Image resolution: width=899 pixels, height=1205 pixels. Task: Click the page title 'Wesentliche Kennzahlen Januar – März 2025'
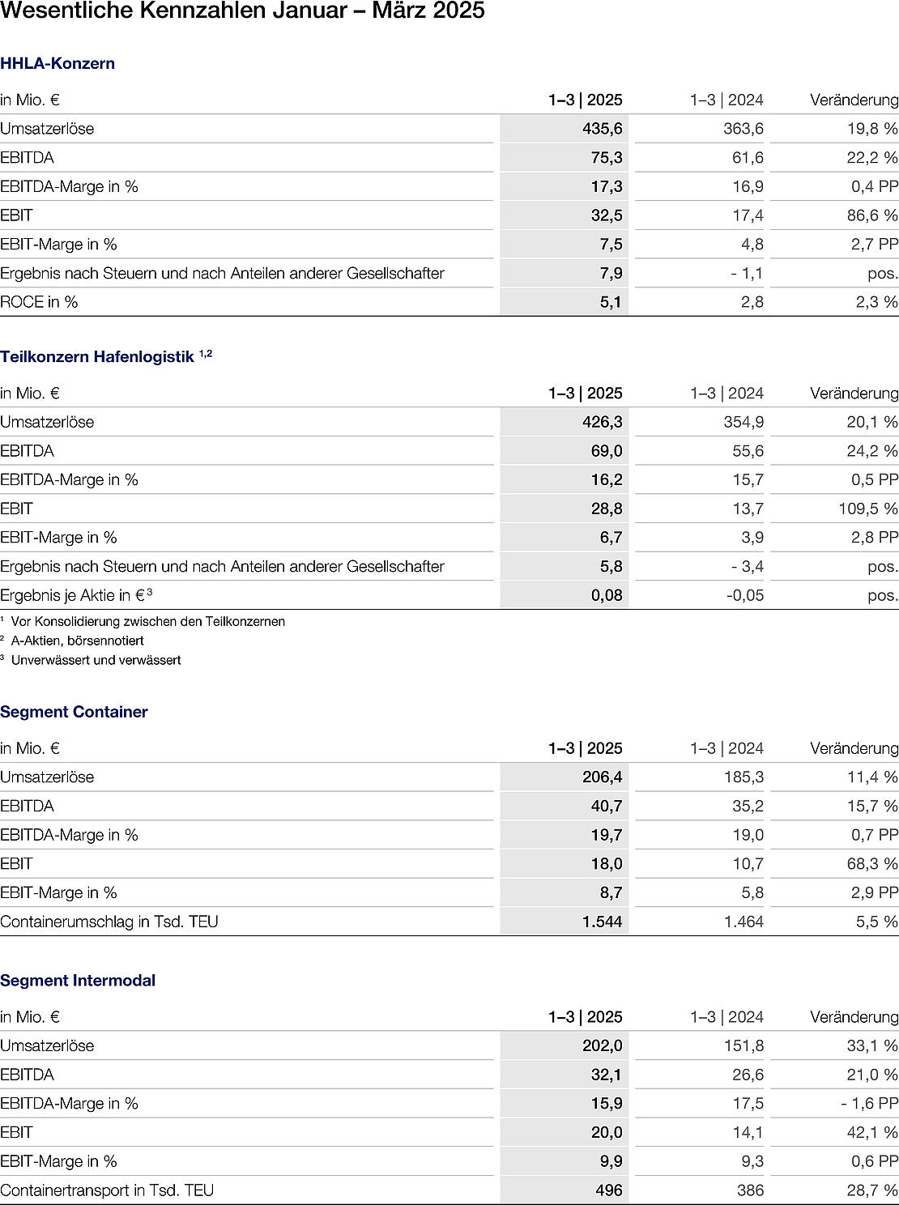pyautogui.click(x=242, y=11)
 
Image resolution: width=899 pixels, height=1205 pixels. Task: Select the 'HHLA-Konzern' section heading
pyautogui.click(x=58, y=63)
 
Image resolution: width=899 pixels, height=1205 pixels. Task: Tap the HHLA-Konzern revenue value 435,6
pyautogui.click(x=602, y=129)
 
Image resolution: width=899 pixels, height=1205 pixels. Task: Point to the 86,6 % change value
pyautogui.click(x=872, y=215)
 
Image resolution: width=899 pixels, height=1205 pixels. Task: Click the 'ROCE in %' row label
pyautogui.click(x=39, y=302)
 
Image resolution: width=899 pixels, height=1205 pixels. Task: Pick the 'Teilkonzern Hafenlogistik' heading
pyautogui.click(x=97, y=357)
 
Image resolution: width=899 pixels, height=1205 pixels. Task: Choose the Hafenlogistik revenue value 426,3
pyautogui.click(x=602, y=422)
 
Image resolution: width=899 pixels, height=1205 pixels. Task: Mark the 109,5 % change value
pyautogui.click(x=868, y=509)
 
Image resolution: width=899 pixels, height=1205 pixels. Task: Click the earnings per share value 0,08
pyautogui.click(x=607, y=595)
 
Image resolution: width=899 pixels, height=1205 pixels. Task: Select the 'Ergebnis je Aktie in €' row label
pyautogui.click(x=73, y=595)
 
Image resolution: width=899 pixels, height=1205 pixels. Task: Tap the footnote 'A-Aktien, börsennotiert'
pyautogui.click(x=77, y=641)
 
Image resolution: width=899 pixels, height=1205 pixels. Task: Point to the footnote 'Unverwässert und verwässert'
pyautogui.click(x=96, y=660)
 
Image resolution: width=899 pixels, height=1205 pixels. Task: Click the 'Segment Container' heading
pyautogui.click(x=74, y=712)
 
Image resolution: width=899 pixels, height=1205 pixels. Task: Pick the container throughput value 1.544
pyautogui.click(x=602, y=922)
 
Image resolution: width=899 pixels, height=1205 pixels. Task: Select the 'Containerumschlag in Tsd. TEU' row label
pyautogui.click(x=109, y=922)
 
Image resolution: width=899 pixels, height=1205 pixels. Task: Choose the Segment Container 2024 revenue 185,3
pyautogui.click(x=743, y=777)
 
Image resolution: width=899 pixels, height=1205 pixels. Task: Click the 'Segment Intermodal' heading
pyautogui.click(x=78, y=981)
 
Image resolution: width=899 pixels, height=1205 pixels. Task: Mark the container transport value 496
pyautogui.click(x=608, y=1190)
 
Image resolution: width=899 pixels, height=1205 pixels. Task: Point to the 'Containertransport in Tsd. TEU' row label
pyautogui.click(x=107, y=1190)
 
